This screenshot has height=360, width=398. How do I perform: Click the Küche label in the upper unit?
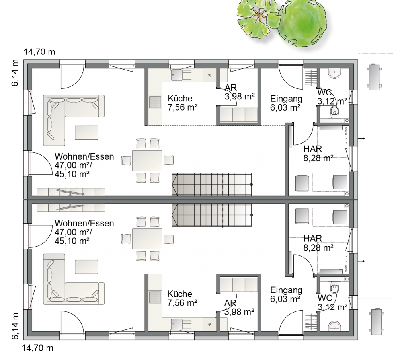[x=180, y=98]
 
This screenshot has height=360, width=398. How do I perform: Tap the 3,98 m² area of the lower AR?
[x=239, y=312]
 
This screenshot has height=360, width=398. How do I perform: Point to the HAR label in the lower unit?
[x=313, y=239]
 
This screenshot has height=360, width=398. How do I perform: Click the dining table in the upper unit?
[x=147, y=160]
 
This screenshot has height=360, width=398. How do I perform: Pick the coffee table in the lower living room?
[x=86, y=267]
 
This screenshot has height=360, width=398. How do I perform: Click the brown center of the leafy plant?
[x=259, y=14]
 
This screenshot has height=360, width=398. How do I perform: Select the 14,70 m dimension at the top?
[x=39, y=52]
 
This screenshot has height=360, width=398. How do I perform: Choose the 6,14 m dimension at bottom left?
[x=15, y=326]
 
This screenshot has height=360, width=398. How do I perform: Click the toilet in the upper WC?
[x=335, y=111]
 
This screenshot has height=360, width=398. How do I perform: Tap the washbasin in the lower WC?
[x=335, y=326]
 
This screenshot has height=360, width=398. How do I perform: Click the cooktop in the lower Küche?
[x=155, y=297]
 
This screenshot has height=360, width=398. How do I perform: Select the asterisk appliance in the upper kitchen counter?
[x=210, y=75]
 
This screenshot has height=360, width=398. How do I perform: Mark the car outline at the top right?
[x=375, y=76]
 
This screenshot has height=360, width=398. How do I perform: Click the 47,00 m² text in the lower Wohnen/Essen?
[x=73, y=232]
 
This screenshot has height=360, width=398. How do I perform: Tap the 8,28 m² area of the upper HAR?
[x=318, y=158]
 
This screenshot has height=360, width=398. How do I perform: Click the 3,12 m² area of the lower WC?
[x=332, y=307]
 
